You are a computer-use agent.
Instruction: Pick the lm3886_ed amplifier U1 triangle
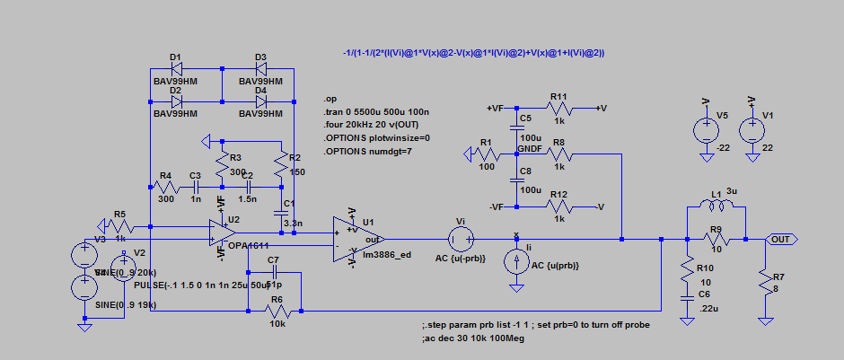click(351, 239)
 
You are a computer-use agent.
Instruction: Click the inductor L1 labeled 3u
click(716, 206)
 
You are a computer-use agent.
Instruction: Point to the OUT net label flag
click(781, 240)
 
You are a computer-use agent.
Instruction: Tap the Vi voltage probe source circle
click(462, 240)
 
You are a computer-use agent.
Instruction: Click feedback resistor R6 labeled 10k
click(277, 311)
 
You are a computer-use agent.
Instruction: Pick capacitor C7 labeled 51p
click(275, 270)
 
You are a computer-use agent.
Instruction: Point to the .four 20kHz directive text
click(371, 124)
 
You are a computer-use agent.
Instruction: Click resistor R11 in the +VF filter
click(558, 108)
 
